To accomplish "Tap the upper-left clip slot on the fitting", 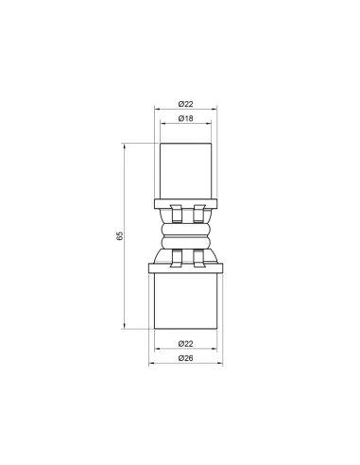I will pos(171,213).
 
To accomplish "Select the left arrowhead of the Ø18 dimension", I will pos(162,126).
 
